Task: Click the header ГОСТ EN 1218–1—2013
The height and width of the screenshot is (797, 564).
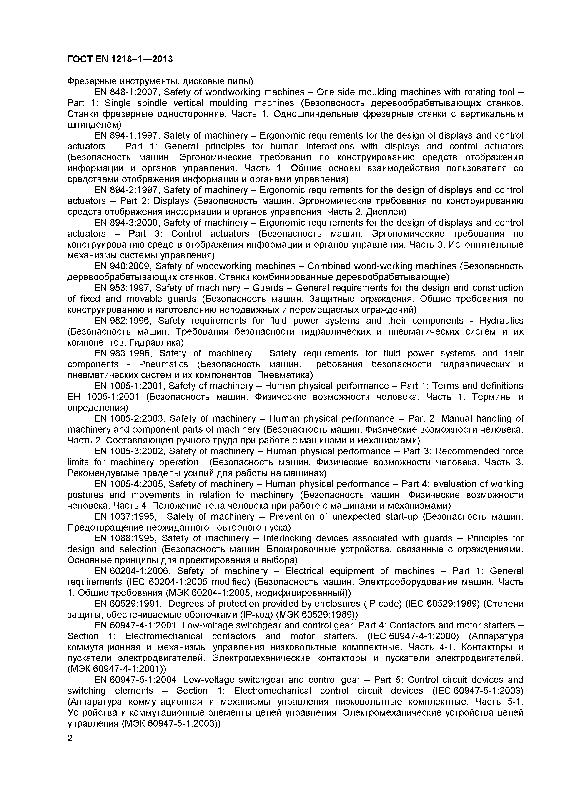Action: point(120,59)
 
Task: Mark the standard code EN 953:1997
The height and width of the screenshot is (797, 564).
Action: point(123,288)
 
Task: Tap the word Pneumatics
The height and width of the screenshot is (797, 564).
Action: point(163,364)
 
